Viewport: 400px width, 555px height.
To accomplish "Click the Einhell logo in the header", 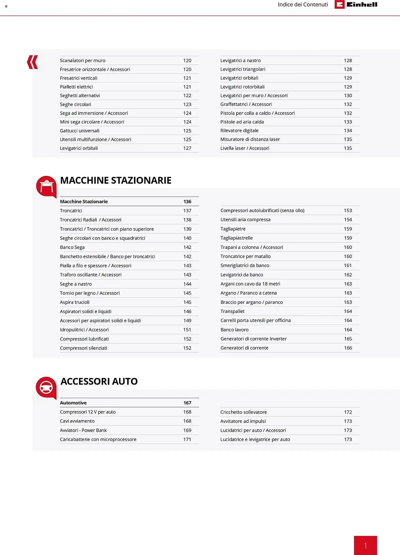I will (356, 4).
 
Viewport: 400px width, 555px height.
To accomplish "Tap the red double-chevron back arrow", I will (32, 62).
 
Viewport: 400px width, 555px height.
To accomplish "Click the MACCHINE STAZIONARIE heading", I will (115, 180).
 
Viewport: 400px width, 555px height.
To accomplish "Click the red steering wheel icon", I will (46, 387).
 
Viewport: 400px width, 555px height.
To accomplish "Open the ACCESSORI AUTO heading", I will (99, 381).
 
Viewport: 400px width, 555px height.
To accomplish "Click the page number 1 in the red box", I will (365, 546).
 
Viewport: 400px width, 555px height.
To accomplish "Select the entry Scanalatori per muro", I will (83, 60).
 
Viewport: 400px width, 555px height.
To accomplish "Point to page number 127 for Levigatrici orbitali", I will (187, 148).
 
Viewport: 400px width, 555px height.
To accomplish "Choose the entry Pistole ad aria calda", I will (242, 122).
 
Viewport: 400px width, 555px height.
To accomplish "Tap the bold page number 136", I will (187, 201).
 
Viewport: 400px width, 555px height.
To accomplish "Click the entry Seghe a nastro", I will (76, 284).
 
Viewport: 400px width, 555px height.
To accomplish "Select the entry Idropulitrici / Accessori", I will (84, 330).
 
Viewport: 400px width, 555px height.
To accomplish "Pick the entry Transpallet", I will (232, 311).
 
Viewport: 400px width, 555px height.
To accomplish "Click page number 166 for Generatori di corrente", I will (348, 348).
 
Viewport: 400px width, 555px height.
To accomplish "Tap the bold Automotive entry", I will (73, 403).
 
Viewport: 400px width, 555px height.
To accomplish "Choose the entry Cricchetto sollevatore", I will (243, 412).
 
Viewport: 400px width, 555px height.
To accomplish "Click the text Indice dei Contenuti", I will (303, 4).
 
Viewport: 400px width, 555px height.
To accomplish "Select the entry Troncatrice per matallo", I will (245, 256).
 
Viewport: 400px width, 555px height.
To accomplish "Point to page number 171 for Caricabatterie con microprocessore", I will (187, 439).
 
